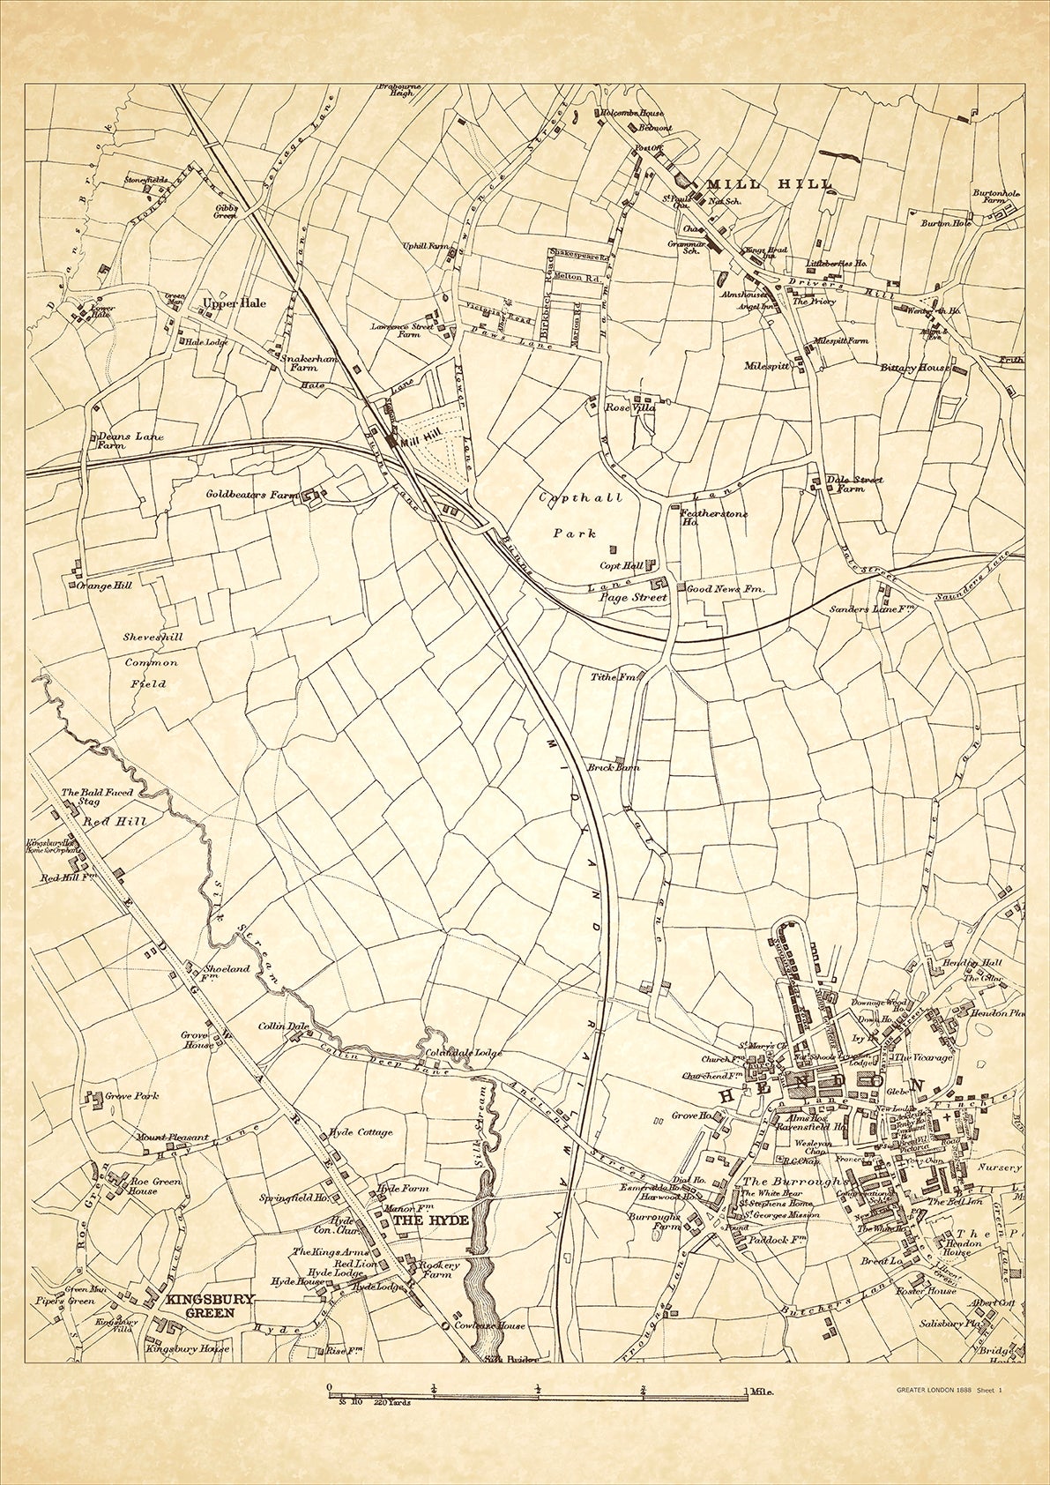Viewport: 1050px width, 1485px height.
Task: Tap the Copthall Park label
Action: click(575, 515)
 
